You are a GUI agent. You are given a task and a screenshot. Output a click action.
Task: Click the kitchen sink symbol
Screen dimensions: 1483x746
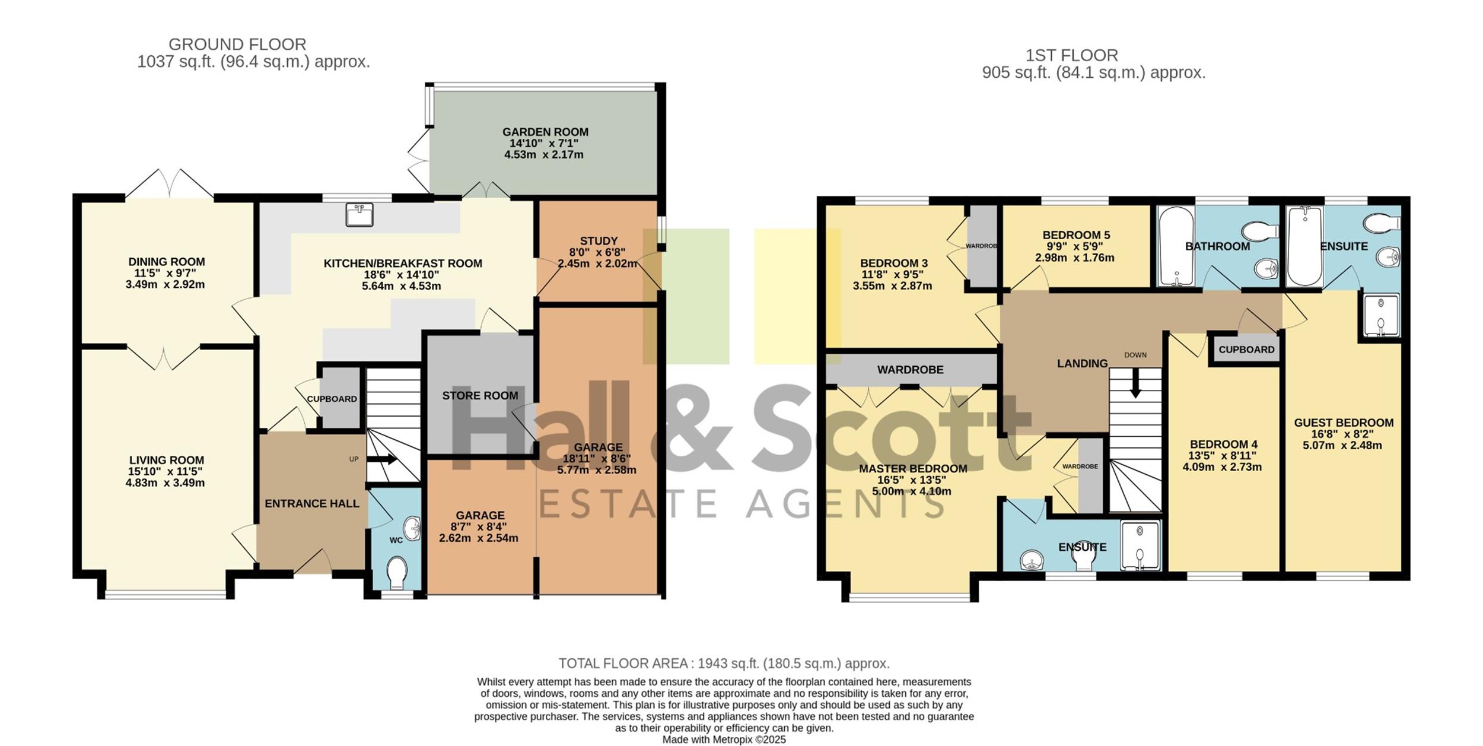(x=359, y=214)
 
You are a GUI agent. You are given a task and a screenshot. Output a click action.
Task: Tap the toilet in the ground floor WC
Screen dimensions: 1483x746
(x=396, y=573)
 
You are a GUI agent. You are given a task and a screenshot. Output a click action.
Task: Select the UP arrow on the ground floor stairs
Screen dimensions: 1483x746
(x=383, y=459)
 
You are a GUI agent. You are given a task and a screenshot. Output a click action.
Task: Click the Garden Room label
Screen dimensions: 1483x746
(x=545, y=132)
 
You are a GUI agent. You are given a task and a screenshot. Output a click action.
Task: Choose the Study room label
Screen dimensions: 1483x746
(x=599, y=241)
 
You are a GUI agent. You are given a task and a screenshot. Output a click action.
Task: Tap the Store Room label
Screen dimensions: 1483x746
(x=480, y=395)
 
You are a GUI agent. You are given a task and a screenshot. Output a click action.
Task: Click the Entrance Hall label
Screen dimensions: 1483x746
(x=312, y=503)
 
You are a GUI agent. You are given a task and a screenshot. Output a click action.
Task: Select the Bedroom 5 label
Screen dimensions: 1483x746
(x=1076, y=235)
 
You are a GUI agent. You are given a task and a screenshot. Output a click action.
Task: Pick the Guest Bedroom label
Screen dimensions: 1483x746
(x=1344, y=423)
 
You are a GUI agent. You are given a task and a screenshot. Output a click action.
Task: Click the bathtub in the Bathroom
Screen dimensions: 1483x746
(x=1173, y=246)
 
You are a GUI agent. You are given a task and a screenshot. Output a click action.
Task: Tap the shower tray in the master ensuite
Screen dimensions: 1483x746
(x=1140, y=545)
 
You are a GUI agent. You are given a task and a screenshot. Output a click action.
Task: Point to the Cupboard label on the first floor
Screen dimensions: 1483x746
(x=1246, y=350)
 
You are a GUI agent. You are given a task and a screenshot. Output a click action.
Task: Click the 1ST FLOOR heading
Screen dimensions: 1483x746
(x=1072, y=55)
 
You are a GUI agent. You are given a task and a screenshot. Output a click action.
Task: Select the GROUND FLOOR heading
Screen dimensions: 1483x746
(x=237, y=44)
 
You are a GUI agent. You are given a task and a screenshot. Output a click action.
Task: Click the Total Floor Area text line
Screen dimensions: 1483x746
(x=724, y=663)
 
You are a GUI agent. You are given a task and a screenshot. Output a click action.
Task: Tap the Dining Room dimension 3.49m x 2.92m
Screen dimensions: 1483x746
(x=165, y=284)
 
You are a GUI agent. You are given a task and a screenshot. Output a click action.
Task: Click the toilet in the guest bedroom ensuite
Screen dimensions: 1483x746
(x=1382, y=224)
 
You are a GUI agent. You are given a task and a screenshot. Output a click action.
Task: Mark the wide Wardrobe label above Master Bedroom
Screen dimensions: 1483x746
(x=910, y=369)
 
